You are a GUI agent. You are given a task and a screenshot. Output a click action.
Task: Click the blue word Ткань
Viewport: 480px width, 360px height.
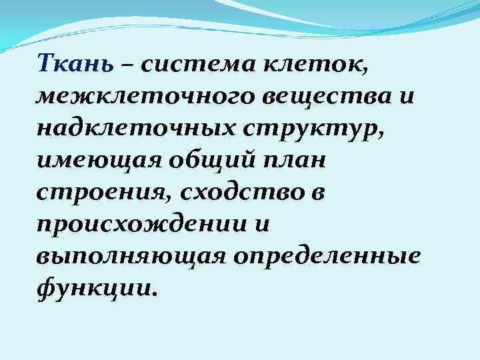point(78,65)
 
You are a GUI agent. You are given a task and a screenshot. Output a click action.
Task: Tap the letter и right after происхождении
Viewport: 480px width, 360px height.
point(259,224)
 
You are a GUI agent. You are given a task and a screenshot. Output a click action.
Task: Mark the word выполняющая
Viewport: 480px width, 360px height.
point(125,256)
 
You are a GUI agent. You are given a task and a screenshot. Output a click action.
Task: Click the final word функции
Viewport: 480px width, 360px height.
point(97,287)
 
